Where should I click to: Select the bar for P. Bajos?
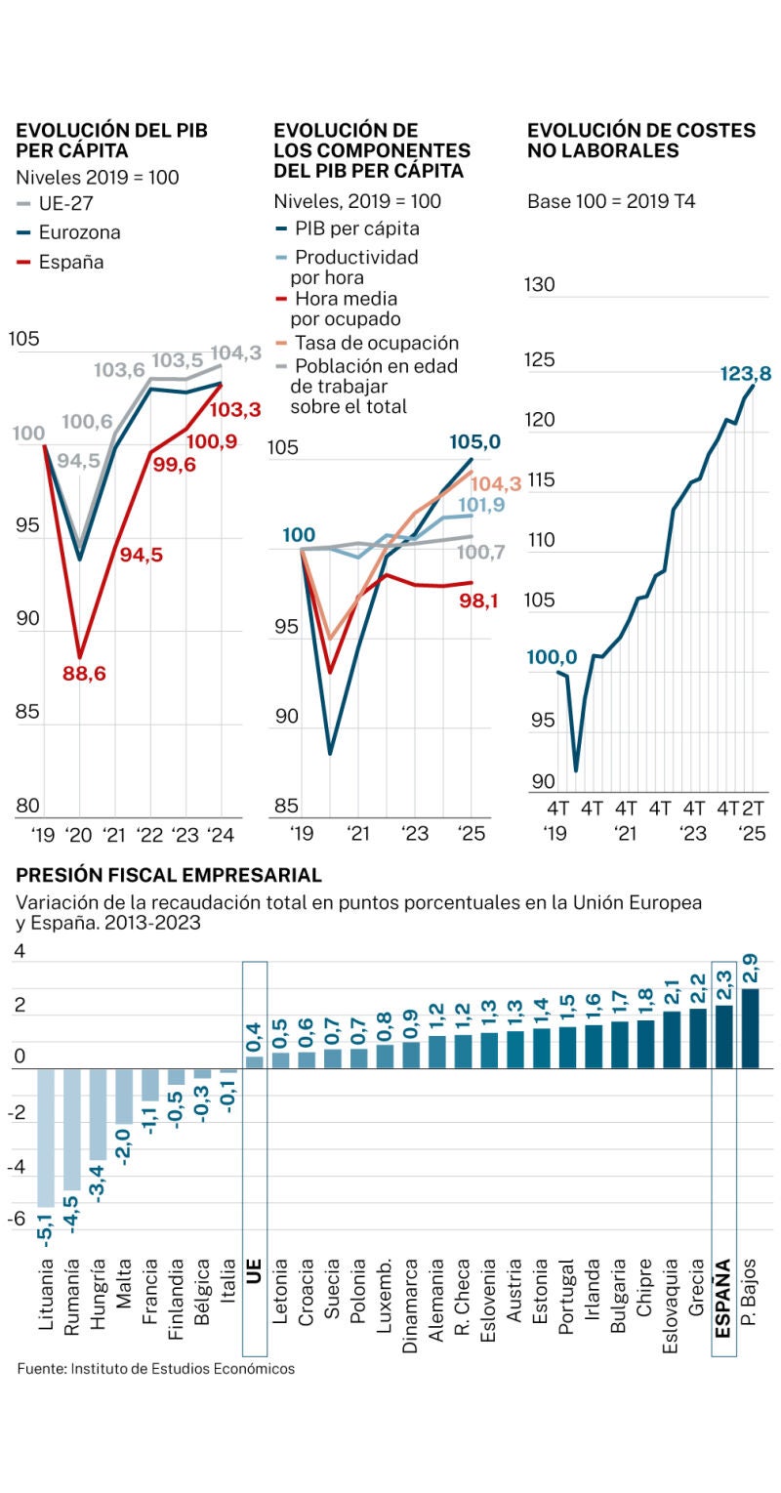tap(750, 1028)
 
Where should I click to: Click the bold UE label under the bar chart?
tap(254, 1270)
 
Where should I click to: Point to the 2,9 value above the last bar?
tap(750, 970)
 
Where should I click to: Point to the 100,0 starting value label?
tap(552, 657)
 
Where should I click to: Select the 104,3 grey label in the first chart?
tap(235, 353)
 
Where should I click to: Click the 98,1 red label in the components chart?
tap(478, 601)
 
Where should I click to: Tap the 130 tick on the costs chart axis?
tap(540, 285)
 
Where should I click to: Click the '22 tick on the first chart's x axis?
tap(151, 835)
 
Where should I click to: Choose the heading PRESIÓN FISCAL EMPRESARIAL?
tap(169, 875)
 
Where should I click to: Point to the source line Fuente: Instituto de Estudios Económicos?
tap(155, 1369)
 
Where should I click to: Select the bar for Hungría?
tap(99, 1114)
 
